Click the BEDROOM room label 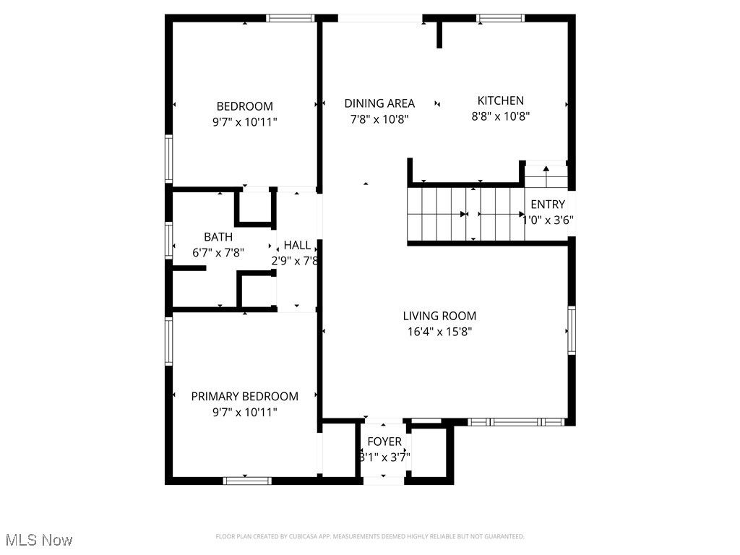pyautogui.click(x=245, y=106)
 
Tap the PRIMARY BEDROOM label pyautogui.click(x=244, y=396)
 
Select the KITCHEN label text pyautogui.click(x=500, y=100)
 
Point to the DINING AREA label pyautogui.click(x=379, y=103)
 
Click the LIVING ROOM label pyautogui.click(x=439, y=316)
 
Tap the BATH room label pyautogui.click(x=218, y=236)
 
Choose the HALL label pyautogui.click(x=297, y=245)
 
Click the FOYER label pyautogui.click(x=384, y=442)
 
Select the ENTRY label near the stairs pyautogui.click(x=548, y=205)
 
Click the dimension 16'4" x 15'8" pyautogui.click(x=439, y=332)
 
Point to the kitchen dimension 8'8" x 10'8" pyautogui.click(x=500, y=116)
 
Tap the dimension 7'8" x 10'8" pyautogui.click(x=379, y=119)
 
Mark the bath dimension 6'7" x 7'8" pyautogui.click(x=218, y=253)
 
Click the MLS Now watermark pyautogui.click(x=38, y=540)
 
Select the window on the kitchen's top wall pyautogui.click(x=500, y=18)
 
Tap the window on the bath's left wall pyautogui.click(x=168, y=240)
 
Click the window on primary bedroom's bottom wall pyautogui.click(x=247, y=480)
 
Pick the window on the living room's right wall pyautogui.click(x=571, y=331)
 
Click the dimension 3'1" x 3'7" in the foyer pyautogui.click(x=384, y=457)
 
